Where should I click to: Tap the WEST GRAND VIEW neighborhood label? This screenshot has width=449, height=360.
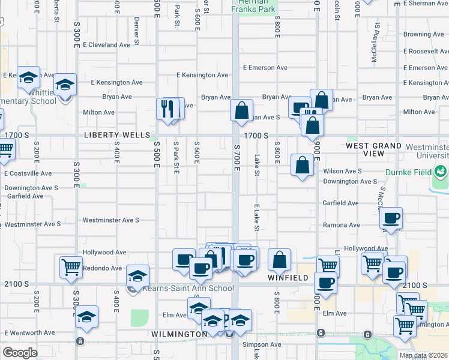373,149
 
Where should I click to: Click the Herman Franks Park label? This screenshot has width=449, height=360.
255,6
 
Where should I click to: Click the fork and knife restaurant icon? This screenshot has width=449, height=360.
167,109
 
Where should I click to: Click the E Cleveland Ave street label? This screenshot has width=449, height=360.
107,44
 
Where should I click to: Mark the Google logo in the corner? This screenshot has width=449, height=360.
20,353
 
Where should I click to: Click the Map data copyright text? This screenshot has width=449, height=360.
424,355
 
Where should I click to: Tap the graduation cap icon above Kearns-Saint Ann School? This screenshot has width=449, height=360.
137,276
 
